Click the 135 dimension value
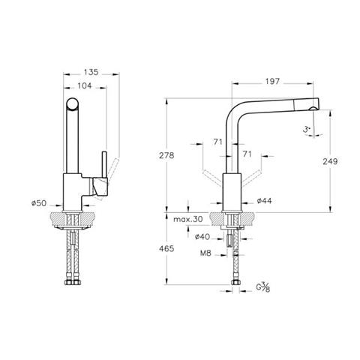point(91,72)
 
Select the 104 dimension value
point(85,86)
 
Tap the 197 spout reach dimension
point(272,82)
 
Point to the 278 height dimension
point(166,155)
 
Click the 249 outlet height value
point(330,161)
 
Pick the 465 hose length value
point(166,248)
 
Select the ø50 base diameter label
point(39,203)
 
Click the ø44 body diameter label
point(264,200)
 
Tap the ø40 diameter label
point(202,236)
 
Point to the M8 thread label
point(205,253)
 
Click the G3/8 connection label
point(263,287)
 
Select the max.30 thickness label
point(188,219)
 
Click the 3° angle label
point(307,130)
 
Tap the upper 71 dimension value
point(218,142)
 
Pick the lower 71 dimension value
point(247,154)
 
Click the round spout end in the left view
point(73,104)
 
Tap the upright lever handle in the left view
point(105,165)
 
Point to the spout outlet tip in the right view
point(313,108)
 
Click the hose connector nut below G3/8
point(235,282)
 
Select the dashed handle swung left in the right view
point(212,178)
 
